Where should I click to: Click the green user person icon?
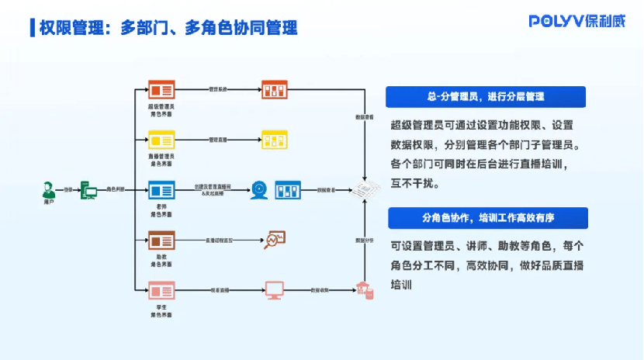coord(49,189)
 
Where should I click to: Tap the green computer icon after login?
coord(89,190)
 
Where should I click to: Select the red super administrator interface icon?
coord(161,90)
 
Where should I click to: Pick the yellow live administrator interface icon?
coord(161,140)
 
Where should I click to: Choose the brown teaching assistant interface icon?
coord(161,240)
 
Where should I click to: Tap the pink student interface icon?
coord(161,291)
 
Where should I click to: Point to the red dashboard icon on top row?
coord(274,90)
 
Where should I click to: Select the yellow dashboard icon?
coord(274,140)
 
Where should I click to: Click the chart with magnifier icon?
coord(275,240)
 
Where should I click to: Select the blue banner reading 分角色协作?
coord(486,217)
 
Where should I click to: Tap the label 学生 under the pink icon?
coord(161,308)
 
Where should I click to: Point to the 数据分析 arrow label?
coord(364,241)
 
